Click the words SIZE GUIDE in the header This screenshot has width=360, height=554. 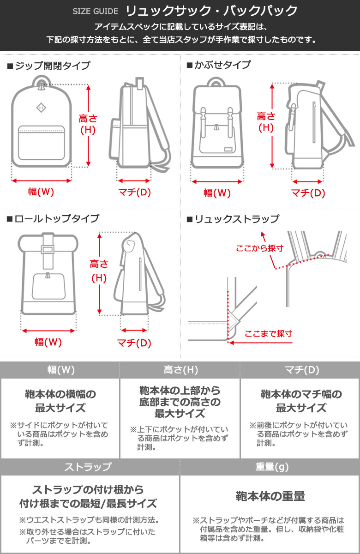coord(95,11)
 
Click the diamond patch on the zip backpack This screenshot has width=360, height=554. coord(41,108)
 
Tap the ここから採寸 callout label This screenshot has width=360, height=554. coord(259,248)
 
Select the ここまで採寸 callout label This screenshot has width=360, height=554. coord(268,334)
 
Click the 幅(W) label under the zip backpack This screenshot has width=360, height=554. coord(41,192)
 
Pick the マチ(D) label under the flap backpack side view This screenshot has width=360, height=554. coord(308,193)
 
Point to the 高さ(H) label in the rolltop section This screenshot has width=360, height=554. coord(99,271)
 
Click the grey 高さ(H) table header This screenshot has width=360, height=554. coord(181,370)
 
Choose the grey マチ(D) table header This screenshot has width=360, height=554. coord(302,370)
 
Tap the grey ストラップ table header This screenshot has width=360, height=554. coord(88,467)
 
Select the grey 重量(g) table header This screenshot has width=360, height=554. coord(272,467)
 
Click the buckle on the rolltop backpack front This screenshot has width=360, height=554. coord(48,249)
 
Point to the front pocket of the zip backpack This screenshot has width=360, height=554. coord(42,143)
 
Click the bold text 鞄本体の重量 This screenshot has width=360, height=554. coord(270,496)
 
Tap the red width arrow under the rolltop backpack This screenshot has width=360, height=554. coord(48,331)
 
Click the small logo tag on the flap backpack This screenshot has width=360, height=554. coord(228,149)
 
